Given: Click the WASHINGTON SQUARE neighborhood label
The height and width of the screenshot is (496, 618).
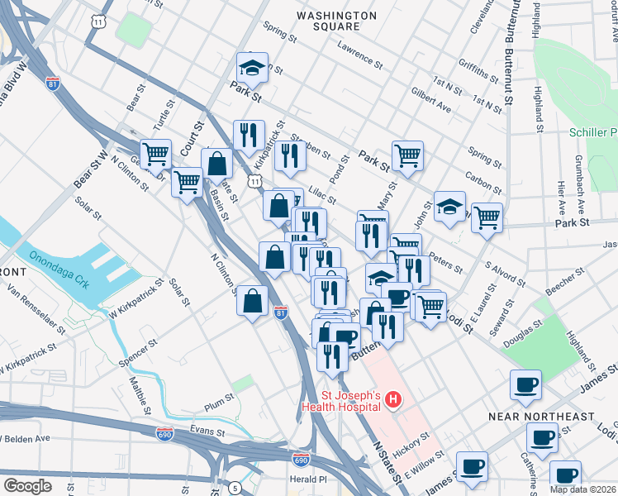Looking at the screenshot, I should (336, 21).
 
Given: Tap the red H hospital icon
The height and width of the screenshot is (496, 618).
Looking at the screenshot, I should (393, 401).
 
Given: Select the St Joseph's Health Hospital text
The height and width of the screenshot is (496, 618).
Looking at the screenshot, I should (340, 400).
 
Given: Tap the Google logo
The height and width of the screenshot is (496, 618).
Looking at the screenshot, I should (27, 485).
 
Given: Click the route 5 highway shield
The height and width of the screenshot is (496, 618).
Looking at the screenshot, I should (235, 487).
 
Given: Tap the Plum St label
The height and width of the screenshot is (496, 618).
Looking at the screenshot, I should (220, 400).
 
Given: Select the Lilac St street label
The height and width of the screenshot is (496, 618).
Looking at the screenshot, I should (321, 195).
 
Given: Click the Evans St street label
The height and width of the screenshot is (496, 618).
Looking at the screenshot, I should (207, 430).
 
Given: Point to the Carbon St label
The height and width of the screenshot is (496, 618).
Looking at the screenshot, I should (485, 178).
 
